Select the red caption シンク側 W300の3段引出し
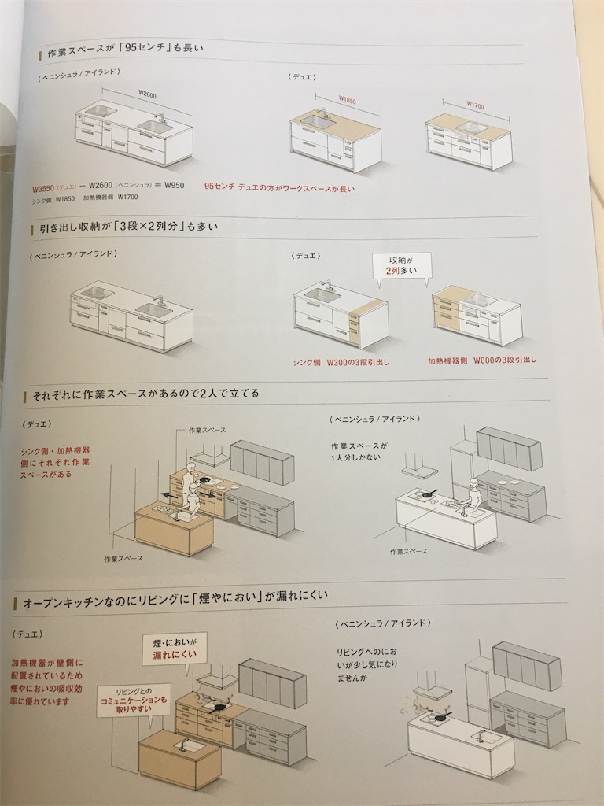(341, 362)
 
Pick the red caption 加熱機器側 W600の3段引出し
(481, 360)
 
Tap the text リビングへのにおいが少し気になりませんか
(366, 665)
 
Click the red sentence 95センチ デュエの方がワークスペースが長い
(278, 187)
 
